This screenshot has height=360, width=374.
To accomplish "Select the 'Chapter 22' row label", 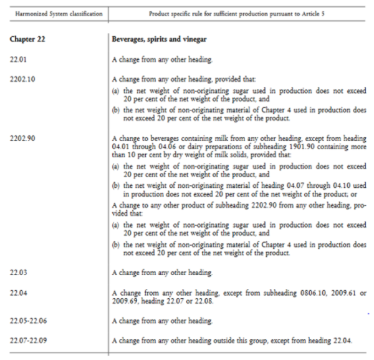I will pos(22,39).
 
